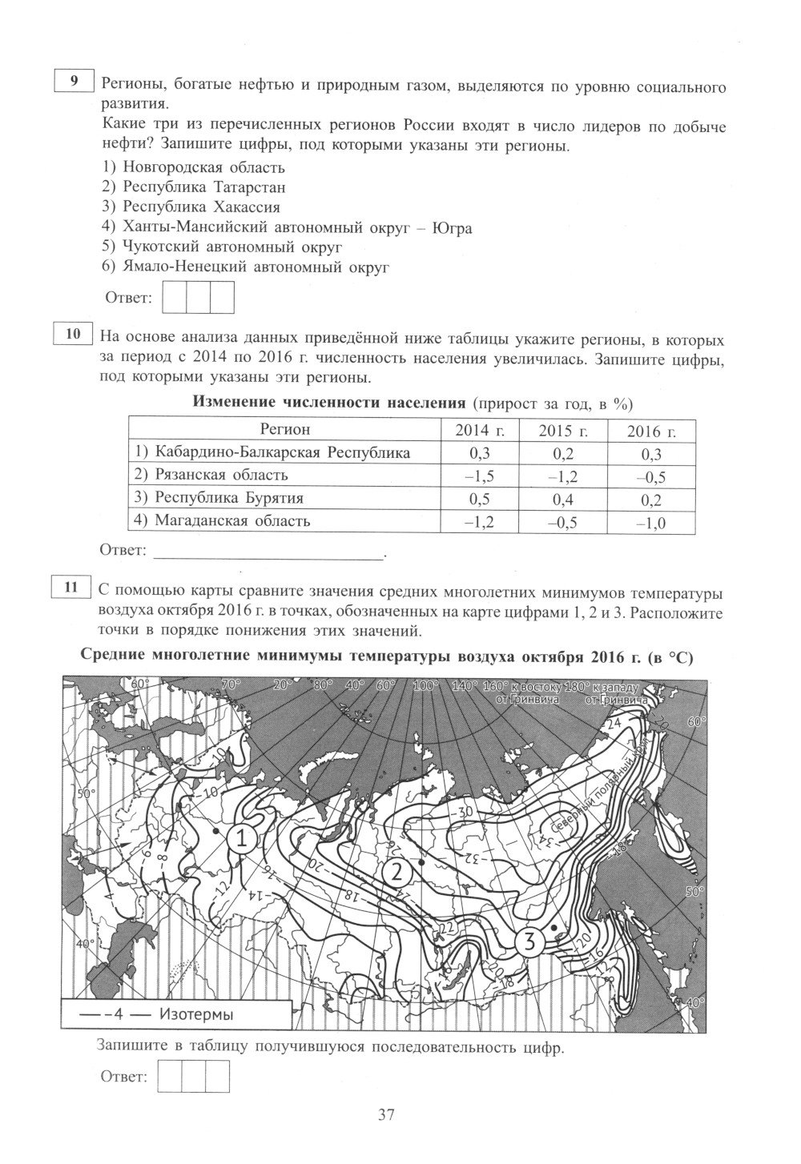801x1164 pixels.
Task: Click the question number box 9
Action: point(73,82)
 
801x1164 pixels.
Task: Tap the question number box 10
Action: point(73,334)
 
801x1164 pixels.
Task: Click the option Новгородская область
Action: point(195,167)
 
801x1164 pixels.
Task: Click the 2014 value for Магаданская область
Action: point(479,522)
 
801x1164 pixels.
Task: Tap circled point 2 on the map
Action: point(396,873)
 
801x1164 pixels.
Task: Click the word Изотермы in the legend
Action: point(196,1015)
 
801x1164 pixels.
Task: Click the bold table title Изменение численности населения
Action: point(329,403)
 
